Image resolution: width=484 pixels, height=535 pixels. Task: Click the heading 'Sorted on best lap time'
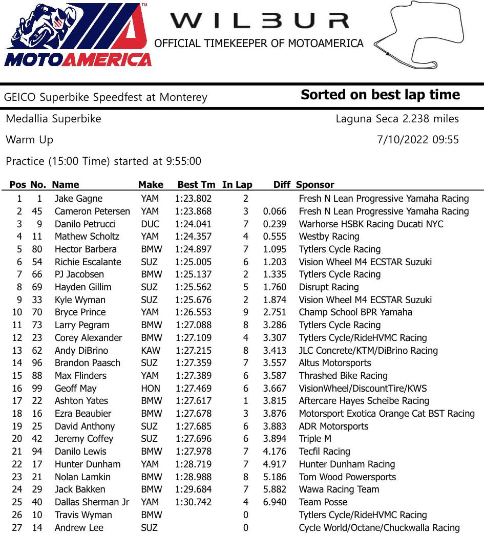[380, 95]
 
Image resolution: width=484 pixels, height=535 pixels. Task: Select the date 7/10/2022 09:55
[417, 140]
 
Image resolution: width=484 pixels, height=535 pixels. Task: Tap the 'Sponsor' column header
[315, 185]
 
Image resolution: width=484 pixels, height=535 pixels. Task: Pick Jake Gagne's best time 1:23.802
[193, 199]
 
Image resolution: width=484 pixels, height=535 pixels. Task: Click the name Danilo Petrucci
[85, 224]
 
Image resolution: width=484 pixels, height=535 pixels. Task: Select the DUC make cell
[150, 224]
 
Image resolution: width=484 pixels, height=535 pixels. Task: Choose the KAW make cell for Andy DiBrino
[151, 351]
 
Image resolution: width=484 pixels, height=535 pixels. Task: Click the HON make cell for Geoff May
[151, 389]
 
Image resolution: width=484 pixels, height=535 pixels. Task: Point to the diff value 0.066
[275, 211]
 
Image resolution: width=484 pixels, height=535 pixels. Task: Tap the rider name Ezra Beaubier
[83, 414]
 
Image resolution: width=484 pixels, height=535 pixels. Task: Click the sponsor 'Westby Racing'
[329, 237]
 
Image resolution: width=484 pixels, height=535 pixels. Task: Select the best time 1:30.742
[193, 502]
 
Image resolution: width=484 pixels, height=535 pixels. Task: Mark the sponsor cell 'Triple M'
[315, 439]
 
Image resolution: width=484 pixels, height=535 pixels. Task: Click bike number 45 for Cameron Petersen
[35, 211]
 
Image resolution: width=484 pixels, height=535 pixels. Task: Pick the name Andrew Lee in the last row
[79, 528]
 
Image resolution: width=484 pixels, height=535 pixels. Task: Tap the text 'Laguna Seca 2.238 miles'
[397, 119]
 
